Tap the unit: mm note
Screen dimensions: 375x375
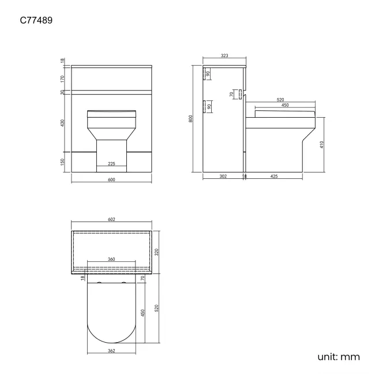tap(339, 357)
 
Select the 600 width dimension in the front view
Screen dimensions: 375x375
tap(111, 180)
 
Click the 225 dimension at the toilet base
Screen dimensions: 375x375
tap(111, 164)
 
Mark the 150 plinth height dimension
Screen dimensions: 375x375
tap(63, 162)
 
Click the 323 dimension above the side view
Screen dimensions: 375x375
tap(225, 56)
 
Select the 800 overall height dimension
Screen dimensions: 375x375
tap(190, 118)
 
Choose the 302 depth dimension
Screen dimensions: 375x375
tap(223, 176)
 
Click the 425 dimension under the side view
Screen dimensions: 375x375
tap(273, 176)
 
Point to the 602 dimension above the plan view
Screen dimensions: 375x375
tap(111, 220)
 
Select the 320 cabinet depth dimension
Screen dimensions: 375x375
tap(156, 252)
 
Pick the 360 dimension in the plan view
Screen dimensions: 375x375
tap(111, 260)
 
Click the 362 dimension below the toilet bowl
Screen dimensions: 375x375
tap(111, 350)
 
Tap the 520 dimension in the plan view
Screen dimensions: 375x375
tap(156, 309)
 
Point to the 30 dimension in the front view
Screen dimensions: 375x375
tap(63, 92)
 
